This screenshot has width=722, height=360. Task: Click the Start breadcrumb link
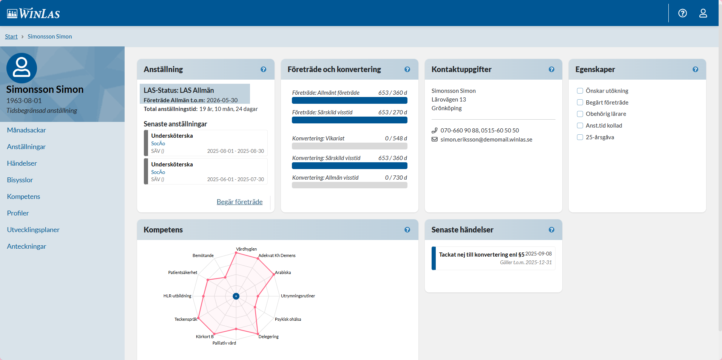[11, 37]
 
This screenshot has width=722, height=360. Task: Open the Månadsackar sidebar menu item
[26, 130]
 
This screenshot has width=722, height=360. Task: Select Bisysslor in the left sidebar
[20, 180]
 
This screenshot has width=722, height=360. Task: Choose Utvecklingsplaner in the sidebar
[33, 230]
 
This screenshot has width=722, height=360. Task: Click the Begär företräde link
[239, 202]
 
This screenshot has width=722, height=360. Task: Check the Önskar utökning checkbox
[580, 91]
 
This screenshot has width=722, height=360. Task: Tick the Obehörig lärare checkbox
[580, 114]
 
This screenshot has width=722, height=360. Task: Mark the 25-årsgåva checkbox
[580, 137]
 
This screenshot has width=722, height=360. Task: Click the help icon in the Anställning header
[263, 69]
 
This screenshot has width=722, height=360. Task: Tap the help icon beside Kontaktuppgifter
[551, 69]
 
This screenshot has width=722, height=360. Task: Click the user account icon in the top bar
[703, 13]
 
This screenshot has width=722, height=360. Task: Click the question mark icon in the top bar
[682, 13]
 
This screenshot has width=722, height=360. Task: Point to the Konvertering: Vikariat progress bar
[349, 146]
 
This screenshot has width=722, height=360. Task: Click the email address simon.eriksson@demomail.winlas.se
[486, 140]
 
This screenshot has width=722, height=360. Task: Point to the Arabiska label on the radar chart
[283, 272]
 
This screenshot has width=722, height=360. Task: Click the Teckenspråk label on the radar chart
[186, 319]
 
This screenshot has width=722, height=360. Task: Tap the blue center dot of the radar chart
[236, 296]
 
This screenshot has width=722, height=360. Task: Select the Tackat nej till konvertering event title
[481, 255]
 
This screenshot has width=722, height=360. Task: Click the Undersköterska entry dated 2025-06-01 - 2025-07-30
[206, 171]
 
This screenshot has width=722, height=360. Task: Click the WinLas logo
[34, 14]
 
